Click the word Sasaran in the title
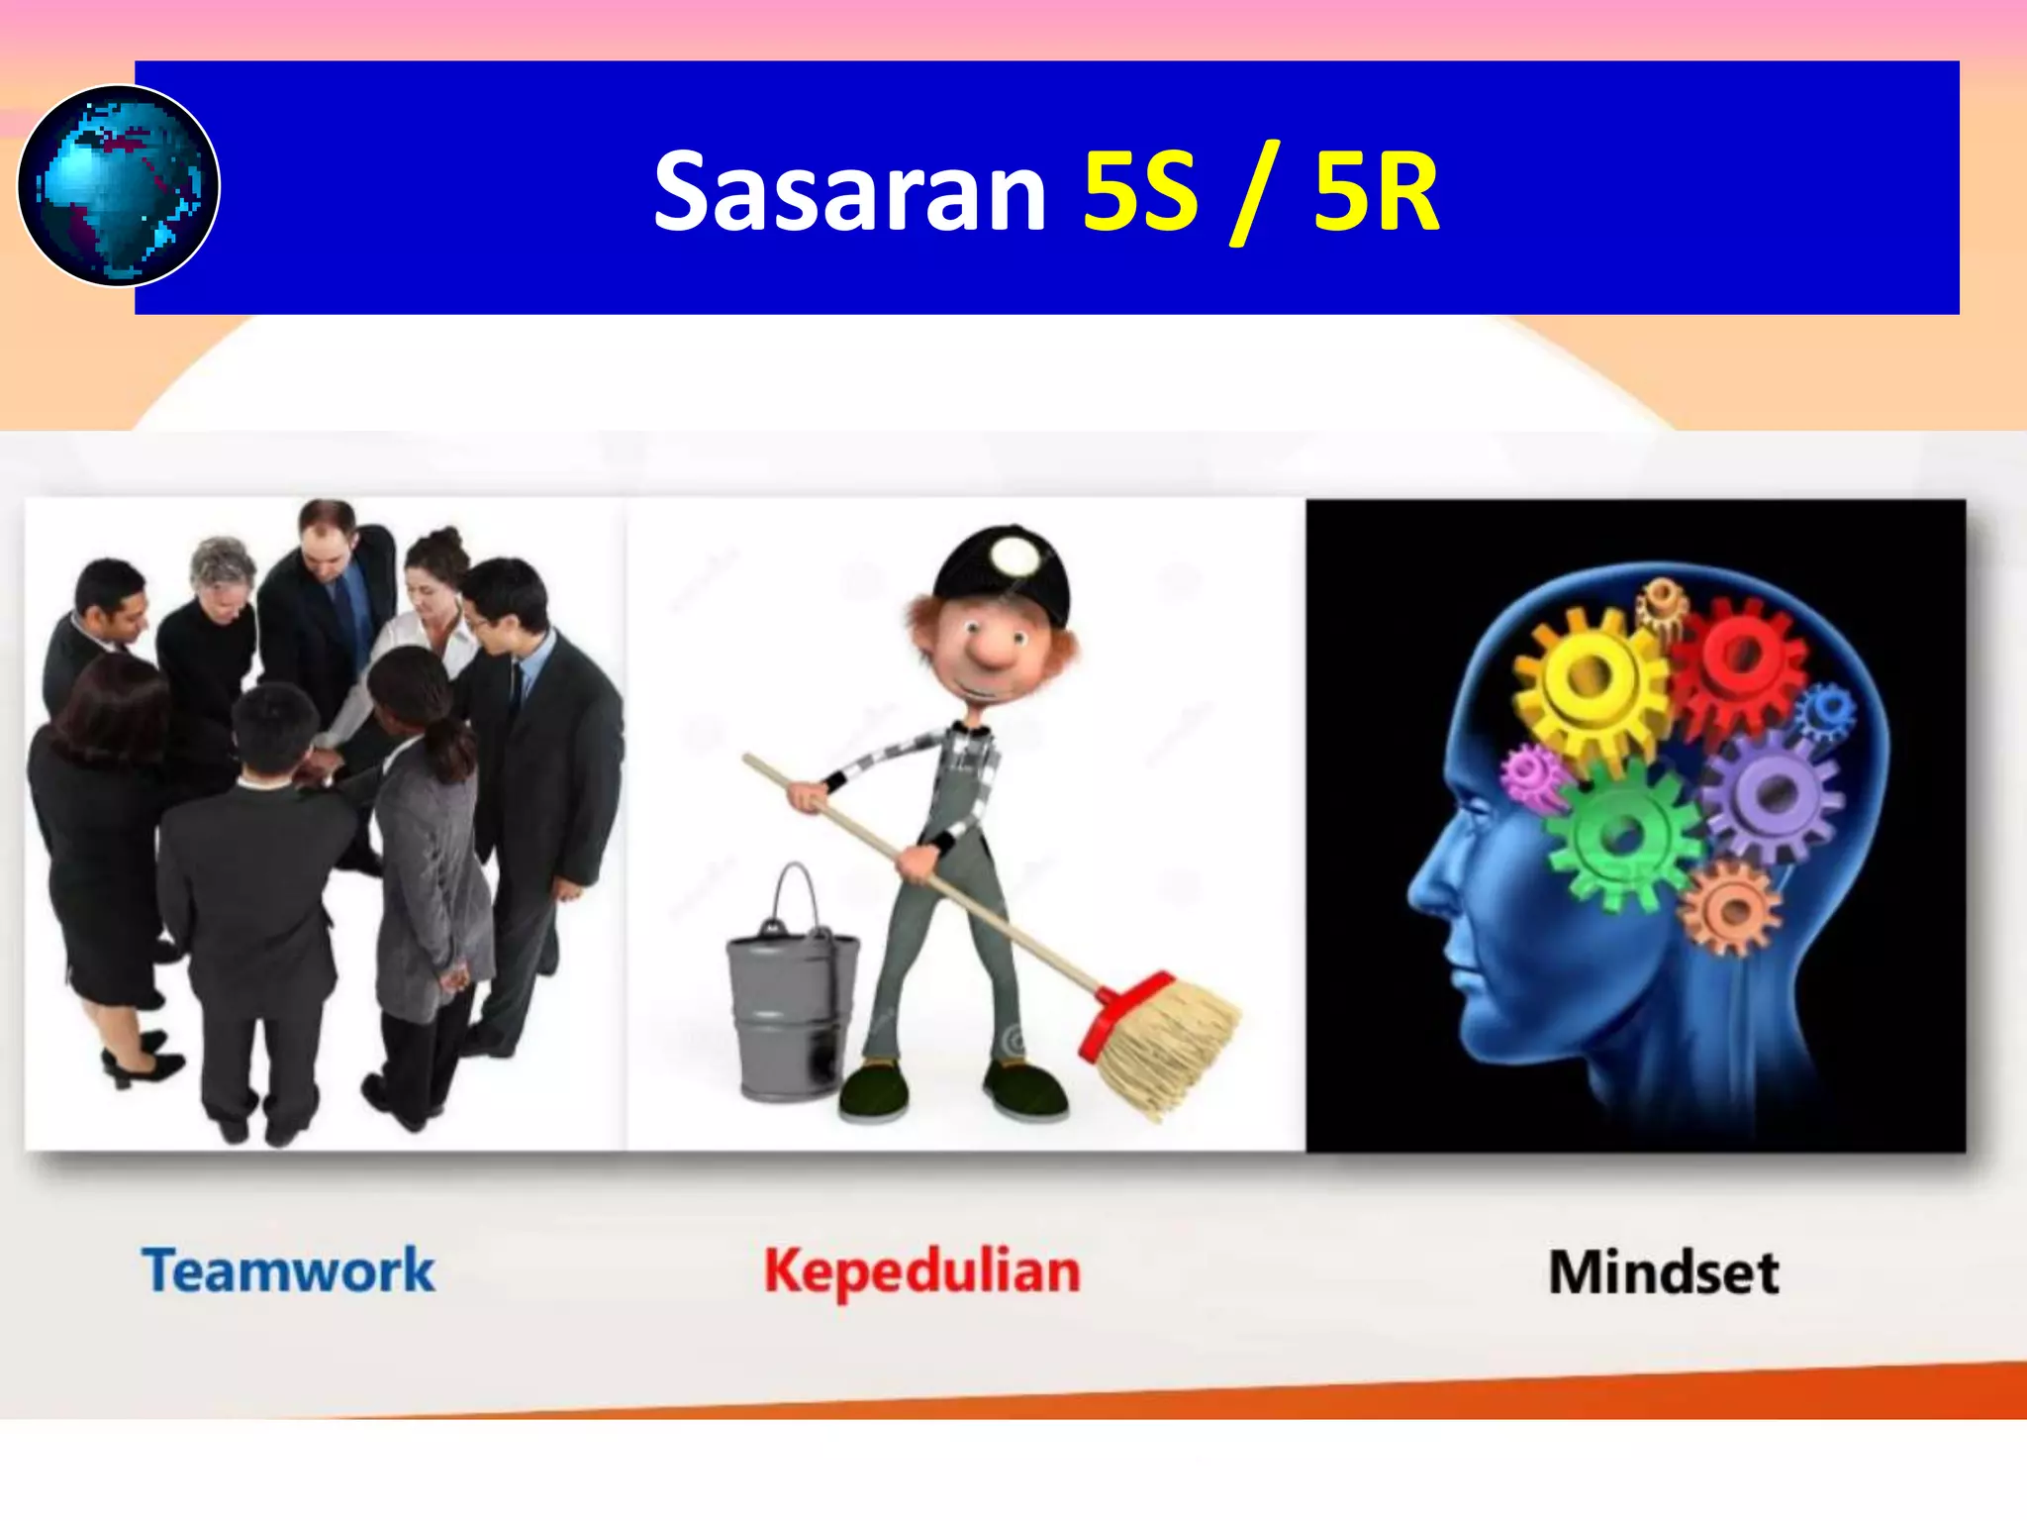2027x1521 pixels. [849, 192]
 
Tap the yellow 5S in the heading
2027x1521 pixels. [1139, 192]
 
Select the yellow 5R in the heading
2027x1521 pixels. [1376, 192]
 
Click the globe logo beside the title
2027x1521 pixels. [119, 186]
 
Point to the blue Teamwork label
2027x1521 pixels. [288, 1271]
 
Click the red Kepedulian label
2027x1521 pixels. [921, 1272]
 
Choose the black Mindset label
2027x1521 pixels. [1664, 1273]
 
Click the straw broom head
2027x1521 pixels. [1168, 1050]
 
